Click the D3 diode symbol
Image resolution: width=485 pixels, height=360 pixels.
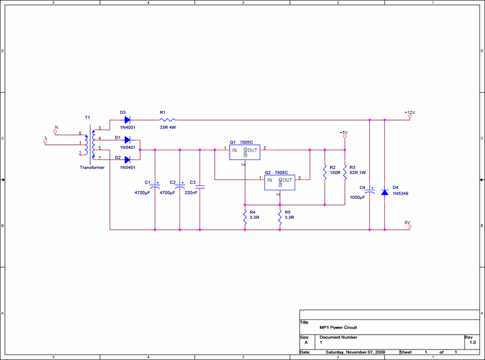point(127,120)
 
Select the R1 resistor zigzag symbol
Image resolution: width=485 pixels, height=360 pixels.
point(168,119)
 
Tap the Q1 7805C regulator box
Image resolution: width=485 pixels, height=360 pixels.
point(245,152)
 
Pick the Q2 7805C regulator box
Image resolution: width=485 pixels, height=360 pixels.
point(279,182)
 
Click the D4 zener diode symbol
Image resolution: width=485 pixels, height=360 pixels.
point(384,192)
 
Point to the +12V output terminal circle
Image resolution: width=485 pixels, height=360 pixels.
point(410,116)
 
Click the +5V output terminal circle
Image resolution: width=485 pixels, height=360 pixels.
point(345,136)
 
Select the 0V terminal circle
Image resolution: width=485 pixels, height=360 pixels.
point(410,227)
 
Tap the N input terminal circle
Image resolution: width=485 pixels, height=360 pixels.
point(55,132)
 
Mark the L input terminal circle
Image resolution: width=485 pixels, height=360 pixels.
point(45,142)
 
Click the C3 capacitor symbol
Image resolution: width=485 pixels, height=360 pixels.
point(200,187)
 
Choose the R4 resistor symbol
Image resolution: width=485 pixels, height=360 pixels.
point(245,217)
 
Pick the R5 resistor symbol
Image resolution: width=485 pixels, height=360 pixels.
point(279,217)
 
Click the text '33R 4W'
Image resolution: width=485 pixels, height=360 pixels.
point(168,127)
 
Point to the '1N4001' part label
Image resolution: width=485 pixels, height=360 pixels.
point(128,127)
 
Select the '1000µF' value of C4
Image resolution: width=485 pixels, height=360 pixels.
point(357,198)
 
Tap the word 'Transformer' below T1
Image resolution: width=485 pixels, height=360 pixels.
point(92,167)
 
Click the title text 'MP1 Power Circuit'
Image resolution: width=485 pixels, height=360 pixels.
point(338,327)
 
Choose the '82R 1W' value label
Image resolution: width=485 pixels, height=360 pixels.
point(358,173)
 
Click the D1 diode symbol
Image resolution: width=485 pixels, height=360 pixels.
point(127,140)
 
